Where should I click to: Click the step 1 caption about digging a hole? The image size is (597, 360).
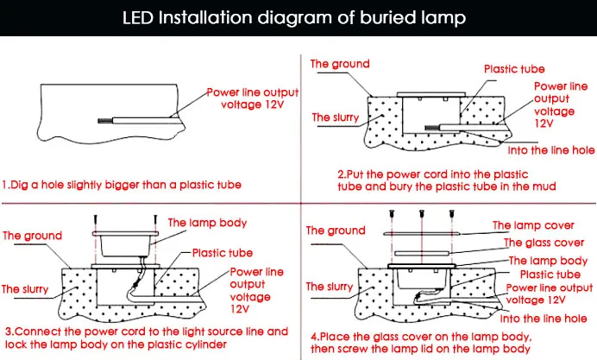pyautogui.click(x=122, y=184)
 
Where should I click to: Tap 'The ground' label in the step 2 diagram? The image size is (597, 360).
pyautogui.click(x=340, y=64)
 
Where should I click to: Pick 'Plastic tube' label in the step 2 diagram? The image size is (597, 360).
pyautogui.click(x=514, y=68)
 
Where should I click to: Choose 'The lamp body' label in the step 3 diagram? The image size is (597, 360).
pyautogui.click(x=200, y=222)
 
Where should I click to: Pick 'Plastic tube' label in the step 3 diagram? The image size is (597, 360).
pyautogui.click(x=222, y=253)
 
